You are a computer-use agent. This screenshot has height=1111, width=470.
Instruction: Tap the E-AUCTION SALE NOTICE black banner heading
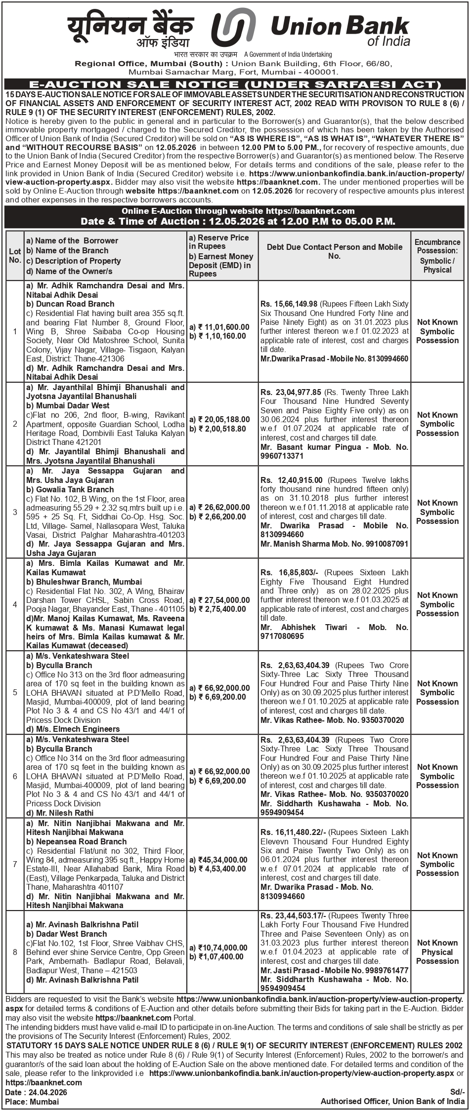coord(235,84)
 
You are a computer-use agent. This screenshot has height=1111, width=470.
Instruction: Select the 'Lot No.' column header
coord(15,255)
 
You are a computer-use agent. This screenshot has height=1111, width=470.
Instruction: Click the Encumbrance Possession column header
coord(437,255)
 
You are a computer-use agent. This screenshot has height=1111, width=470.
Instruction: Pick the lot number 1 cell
coord(15,331)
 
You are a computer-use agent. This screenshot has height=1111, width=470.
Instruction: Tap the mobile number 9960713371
coord(282,456)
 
